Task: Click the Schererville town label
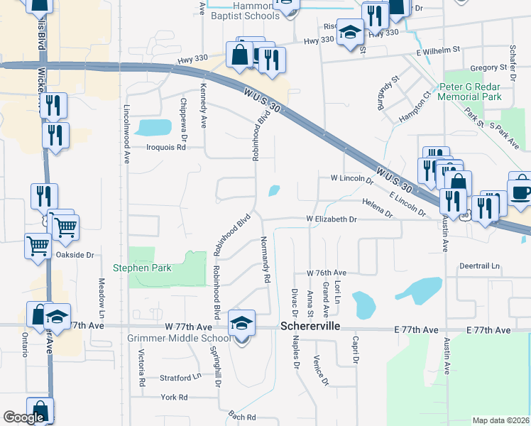pyautogui.click(x=312, y=327)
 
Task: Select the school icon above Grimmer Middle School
pyautogui.click(x=241, y=323)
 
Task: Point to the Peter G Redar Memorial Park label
pyautogui.click(x=470, y=92)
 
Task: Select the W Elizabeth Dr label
pyautogui.click(x=331, y=219)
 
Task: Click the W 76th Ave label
pyautogui.click(x=326, y=273)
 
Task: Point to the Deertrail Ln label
pyautogui.click(x=480, y=266)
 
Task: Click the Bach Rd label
pyautogui.click(x=241, y=415)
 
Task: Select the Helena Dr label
pyautogui.click(x=377, y=208)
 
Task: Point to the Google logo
pyautogui.click(x=23, y=417)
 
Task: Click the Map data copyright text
pyautogui.click(x=500, y=420)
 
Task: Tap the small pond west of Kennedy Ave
pyautogui.click(x=154, y=128)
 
